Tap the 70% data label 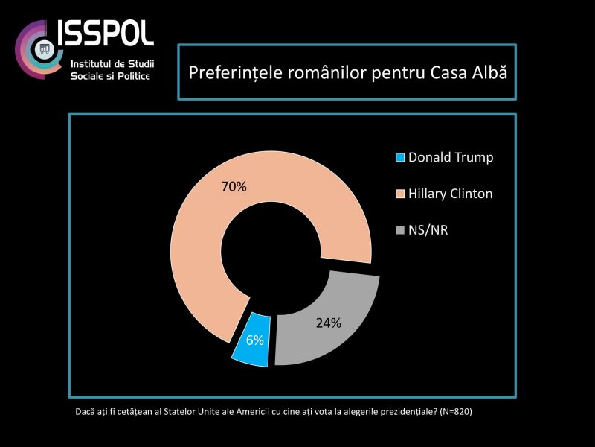click(x=234, y=187)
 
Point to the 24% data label click(x=327, y=323)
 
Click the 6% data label click(x=255, y=340)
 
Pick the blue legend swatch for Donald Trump click(x=400, y=158)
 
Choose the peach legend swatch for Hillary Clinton click(x=400, y=194)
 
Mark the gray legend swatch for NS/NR click(x=400, y=230)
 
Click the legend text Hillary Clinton click(x=451, y=194)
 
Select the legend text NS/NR click(x=428, y=230)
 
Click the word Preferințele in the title click(x=228, y=73)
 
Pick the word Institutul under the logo click(x=91, y=64)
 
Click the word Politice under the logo click(x=132, y=77)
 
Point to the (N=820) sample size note click(x=456, y=412)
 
